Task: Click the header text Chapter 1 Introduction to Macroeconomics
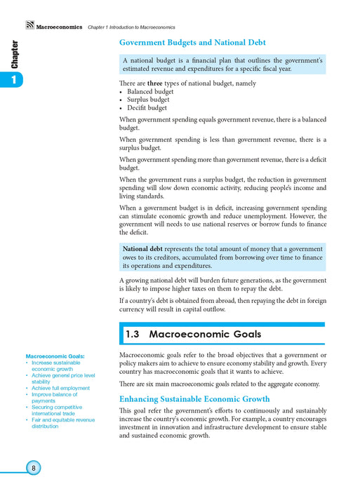click(131, 27)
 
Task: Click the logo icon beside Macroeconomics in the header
click(29, 26)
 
